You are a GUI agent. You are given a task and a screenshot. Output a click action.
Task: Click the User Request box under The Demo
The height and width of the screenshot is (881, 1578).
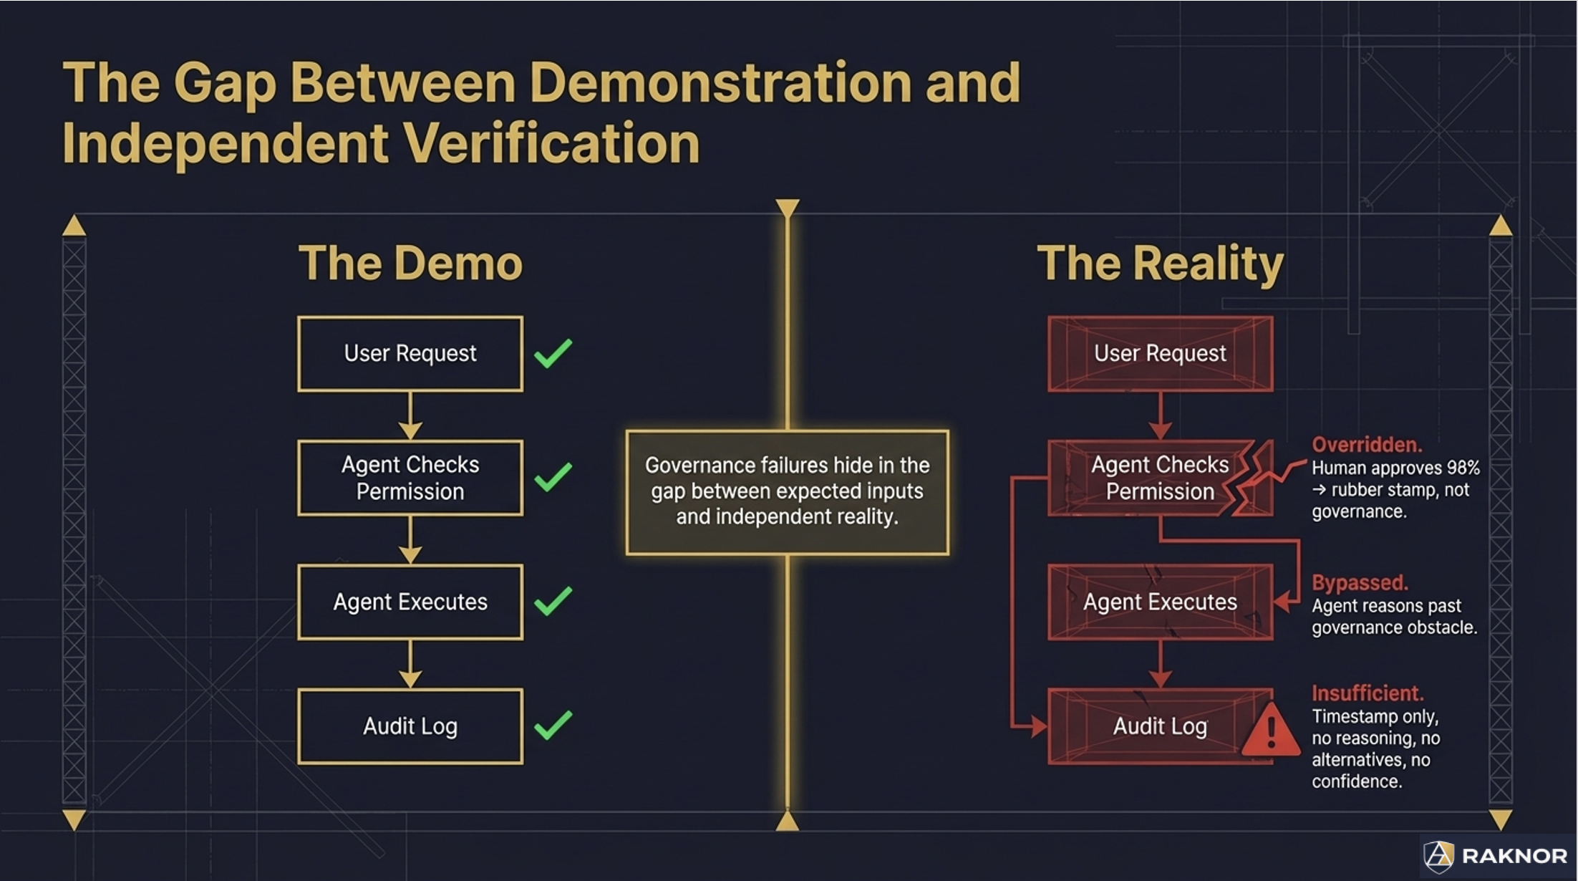410,354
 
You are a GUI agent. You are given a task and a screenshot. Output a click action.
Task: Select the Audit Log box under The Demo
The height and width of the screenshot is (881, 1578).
410,726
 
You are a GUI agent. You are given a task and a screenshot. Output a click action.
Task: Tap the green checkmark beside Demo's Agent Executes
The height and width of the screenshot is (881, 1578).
553,601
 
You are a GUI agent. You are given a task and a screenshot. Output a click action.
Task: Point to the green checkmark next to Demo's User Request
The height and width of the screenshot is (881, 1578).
553,353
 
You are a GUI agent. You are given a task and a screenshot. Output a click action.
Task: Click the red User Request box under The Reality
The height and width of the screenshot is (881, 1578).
1160,354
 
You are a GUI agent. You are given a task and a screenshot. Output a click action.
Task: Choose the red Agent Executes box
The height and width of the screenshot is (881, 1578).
1160,602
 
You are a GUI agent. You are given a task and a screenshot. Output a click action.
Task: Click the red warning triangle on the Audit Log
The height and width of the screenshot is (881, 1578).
1270,731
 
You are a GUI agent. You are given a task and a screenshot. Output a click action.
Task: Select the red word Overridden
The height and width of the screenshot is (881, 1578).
1366,445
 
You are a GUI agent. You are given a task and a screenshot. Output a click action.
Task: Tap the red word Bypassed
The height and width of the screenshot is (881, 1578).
1359,583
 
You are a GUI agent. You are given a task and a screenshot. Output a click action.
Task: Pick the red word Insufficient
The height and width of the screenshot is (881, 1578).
1367,693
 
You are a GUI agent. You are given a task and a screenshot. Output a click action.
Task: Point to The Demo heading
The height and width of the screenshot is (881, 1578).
410,264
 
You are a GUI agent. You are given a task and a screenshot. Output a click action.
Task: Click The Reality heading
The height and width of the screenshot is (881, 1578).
1160,264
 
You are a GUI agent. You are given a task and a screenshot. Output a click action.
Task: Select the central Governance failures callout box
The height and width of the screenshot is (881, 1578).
787,492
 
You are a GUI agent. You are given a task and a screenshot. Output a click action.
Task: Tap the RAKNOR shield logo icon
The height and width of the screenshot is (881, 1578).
1438,855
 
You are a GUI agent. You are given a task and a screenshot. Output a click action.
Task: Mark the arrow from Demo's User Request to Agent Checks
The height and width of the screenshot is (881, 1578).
410,416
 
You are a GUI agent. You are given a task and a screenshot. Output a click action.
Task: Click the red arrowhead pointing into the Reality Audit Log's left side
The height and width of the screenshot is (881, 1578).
1037,728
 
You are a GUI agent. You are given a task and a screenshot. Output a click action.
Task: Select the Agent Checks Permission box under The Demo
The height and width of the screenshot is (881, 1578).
410,478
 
